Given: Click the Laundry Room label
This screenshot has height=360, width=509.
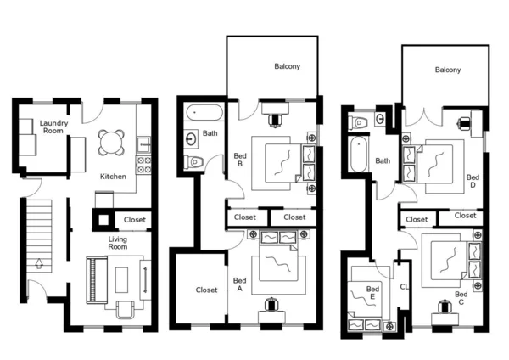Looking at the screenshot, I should click(53, 127).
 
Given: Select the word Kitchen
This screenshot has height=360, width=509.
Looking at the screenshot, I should click(113, 177).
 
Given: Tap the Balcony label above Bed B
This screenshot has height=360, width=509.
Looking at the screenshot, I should click(287, 66).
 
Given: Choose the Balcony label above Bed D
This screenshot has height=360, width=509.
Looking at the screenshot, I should click(447, 70).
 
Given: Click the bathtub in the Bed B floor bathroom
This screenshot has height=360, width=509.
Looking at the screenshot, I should click(202, 111).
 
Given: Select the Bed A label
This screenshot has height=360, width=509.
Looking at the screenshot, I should click(240, 284).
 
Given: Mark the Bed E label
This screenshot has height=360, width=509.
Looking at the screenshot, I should click(372, 293).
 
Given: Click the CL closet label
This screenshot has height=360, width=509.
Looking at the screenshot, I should click(403, 287).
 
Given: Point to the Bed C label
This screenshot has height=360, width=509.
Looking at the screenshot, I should click(460, 299).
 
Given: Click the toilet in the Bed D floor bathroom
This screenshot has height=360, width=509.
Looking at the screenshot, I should click(361, 122).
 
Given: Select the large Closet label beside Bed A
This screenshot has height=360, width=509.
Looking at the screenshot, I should click(206, 290).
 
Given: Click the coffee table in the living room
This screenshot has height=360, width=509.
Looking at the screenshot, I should click(123, 279).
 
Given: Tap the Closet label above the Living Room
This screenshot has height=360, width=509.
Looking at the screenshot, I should click(134, 219).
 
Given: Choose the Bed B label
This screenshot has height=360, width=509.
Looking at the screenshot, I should click(239, 159).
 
